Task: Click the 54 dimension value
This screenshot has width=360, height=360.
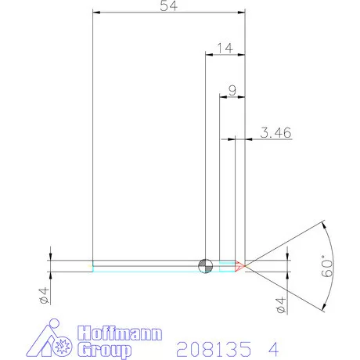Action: point(167,6)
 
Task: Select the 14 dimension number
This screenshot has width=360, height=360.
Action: point(224,48)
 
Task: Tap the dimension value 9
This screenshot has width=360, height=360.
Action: point(232,89)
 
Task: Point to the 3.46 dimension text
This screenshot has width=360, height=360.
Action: point(275,133)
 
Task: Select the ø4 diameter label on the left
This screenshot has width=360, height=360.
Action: point(45,296)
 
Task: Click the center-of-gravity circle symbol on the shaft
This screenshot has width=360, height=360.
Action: point(205,266)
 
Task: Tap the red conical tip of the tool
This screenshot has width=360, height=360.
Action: point(241,266)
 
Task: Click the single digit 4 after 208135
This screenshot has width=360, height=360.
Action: point(273,346)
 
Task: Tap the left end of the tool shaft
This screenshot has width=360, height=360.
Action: point(93,266)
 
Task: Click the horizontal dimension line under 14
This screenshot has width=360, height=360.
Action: point(225,55)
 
